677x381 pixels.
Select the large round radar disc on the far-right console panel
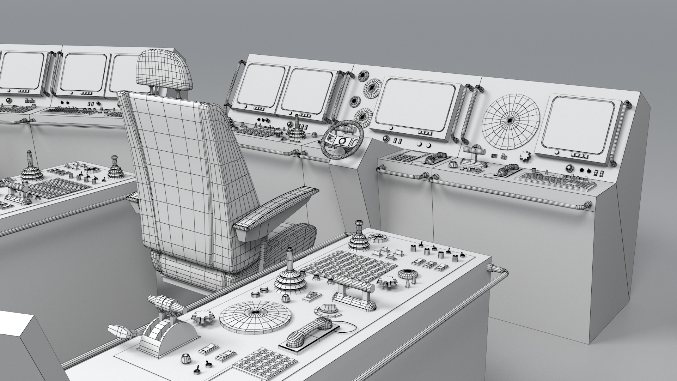(511, 120)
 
